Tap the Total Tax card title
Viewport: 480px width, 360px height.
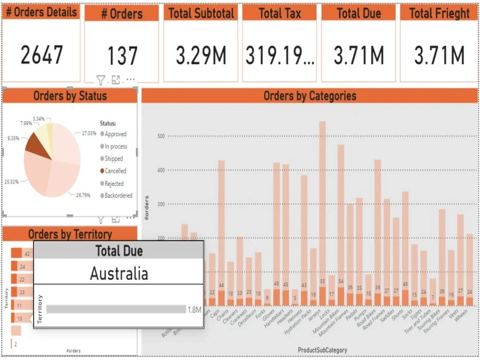279,13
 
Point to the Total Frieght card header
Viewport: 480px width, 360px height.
439,13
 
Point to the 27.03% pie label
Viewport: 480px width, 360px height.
88,133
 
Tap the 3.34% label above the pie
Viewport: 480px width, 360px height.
39,118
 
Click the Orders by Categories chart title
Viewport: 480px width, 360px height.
310,96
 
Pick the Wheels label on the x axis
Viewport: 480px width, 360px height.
461,315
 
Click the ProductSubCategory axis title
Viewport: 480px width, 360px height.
323,350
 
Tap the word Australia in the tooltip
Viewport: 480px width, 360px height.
119,274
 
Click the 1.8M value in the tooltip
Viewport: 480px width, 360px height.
194,310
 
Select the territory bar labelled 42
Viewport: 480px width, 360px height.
16,253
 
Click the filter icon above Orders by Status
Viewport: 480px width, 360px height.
100,80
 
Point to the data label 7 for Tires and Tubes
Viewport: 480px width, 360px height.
433,298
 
